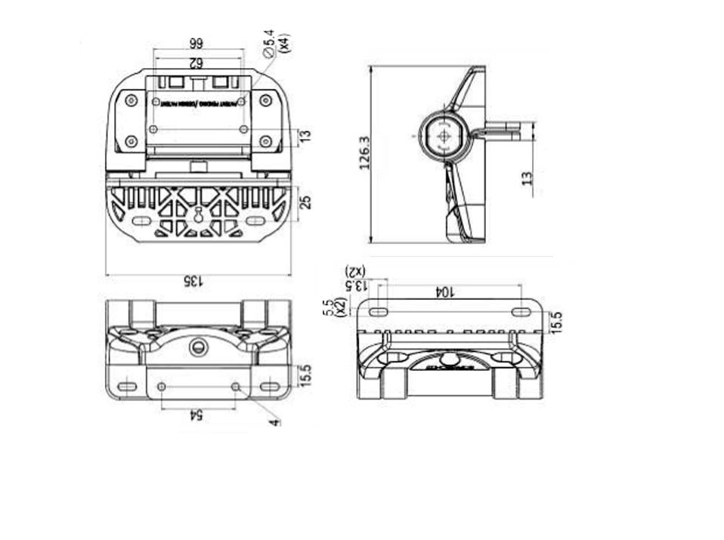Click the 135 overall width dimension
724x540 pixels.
(193, 282)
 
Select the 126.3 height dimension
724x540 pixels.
(364, 153)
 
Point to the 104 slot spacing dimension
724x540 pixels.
(446, 291)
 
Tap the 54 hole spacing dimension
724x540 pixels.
(197, 415)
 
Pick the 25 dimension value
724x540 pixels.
(306, 203)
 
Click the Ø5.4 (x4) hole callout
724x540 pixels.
(276, 45)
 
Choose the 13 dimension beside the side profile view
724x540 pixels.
(528, 179)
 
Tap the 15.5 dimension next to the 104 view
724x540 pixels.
(555, 322)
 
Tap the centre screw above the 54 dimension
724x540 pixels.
(200, 346)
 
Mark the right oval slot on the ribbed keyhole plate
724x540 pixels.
(255, 221)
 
